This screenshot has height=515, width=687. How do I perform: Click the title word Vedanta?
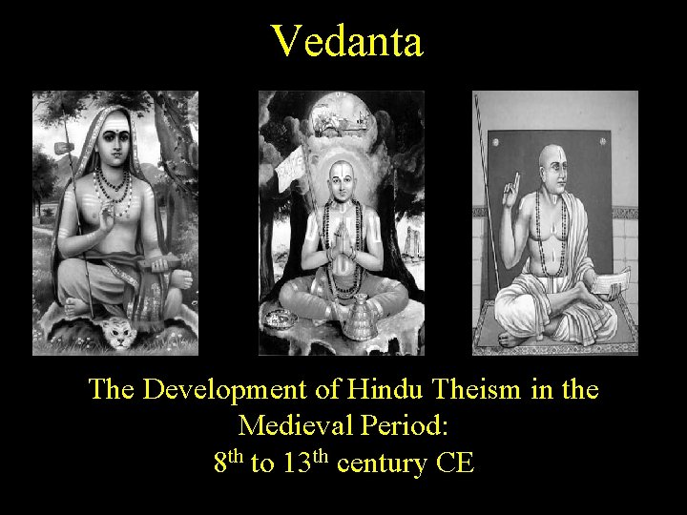click(x=346, y=41)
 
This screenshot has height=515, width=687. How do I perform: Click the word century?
click(x=382, y=465)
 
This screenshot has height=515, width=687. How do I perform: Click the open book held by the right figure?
click(x=610, y=282)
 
